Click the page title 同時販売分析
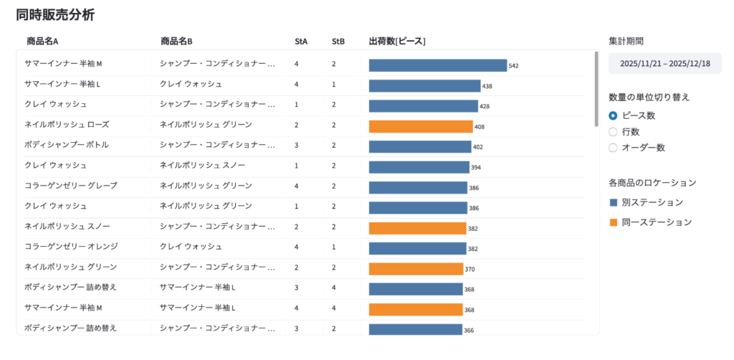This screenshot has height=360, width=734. pos(54,14)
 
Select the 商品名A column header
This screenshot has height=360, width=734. pos(42,42)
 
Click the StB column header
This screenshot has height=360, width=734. pos(338,42)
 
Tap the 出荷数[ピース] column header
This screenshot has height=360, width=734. pos(397,42)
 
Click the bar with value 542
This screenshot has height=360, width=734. pos(437,65)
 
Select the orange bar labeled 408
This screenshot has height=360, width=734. pos(421,126)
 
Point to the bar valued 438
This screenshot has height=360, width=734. pos(424,86)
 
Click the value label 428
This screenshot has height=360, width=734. pos(485,107)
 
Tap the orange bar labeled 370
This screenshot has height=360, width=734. pos(416,269)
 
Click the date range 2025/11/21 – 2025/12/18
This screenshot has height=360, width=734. pos(664,63)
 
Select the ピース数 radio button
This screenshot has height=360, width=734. pos(613,115)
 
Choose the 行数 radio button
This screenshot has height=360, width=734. pos(613,132)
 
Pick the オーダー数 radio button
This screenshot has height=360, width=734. pos(613,148)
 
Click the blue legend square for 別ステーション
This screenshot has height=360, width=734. pos(613,203)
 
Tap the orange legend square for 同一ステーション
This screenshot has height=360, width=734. pos(613,223)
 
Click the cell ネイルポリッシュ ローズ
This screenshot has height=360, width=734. pos(67,125)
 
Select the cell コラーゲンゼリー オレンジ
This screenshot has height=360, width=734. pos(71,247)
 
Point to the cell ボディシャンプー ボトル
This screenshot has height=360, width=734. pos(67,145)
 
